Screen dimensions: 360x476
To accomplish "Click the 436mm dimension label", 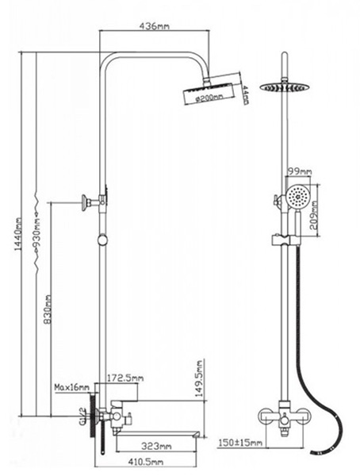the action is (x=154, y=26).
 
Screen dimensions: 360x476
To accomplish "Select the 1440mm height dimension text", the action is (x=18, y=234).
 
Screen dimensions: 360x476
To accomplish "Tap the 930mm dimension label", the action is (x=37, y=232).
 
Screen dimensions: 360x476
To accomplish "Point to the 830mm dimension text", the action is (x=48, y=309).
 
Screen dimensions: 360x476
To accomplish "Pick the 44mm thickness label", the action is (x=246, y=95).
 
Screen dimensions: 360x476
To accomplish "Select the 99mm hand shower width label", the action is (x=300, y=171).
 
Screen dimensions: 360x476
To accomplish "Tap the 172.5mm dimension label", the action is (x=125, y=378).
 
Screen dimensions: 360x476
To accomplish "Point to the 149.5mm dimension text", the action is (x=199, y=378).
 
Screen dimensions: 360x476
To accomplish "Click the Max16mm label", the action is (x=71, y=387).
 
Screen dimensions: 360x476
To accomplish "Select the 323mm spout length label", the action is (x=156, y=446).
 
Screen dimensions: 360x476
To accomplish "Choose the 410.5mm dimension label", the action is (x=145, y=462).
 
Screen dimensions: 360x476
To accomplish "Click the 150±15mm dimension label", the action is (x=240, y=443).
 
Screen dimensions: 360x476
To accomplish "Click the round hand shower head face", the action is (x=299, y=197).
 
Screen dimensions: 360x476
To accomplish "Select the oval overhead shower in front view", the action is (x=284, y=86).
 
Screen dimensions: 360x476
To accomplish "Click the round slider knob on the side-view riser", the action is (x=102, y=240).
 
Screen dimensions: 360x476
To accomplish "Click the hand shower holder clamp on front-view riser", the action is (x=285, y=240).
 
